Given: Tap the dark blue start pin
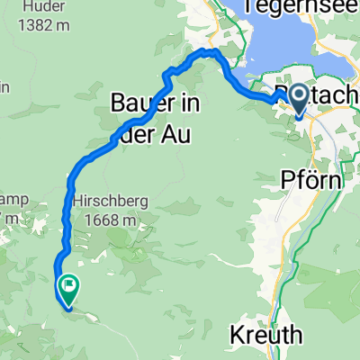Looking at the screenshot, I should coord(298,103).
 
